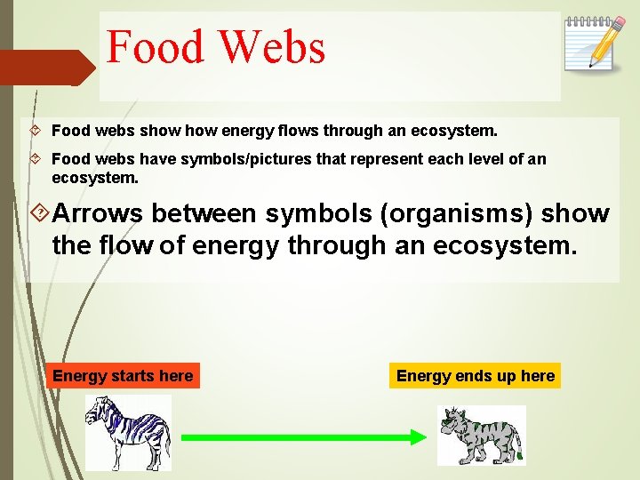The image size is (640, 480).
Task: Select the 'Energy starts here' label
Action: [123, 376]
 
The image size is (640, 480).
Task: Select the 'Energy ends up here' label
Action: [476, 376]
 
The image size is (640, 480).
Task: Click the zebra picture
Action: [128, 433]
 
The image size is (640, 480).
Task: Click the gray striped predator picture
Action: [481, 436]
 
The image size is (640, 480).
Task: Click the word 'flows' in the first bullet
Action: [300, 131]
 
